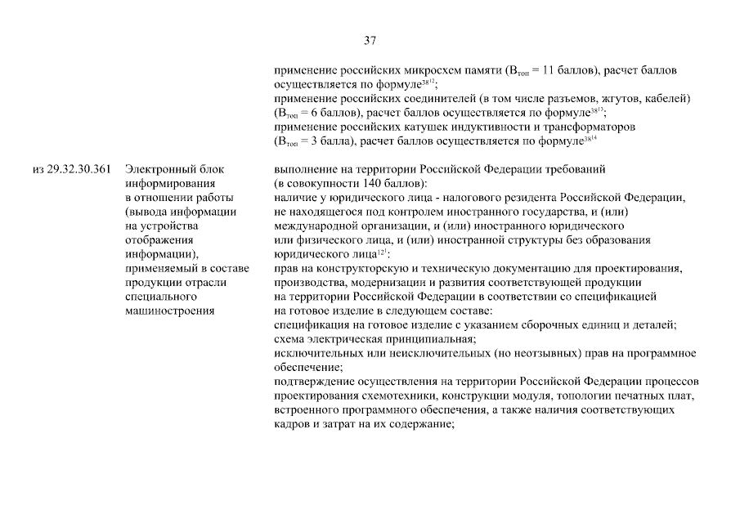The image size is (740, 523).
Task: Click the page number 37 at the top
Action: point(369,41)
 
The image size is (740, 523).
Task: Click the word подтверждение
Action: point(312,382)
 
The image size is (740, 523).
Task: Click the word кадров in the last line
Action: point(291,424)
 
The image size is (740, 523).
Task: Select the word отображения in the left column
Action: point(155,239)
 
